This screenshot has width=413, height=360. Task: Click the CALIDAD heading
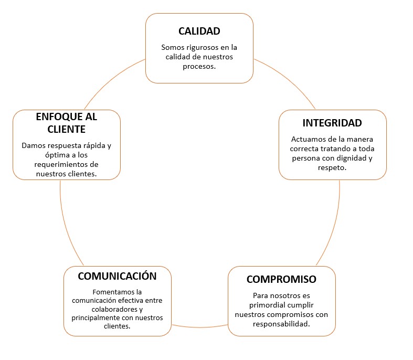point(199,31)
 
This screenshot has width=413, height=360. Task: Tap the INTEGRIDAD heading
point(332,123)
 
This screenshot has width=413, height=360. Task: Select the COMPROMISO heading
point(281,279)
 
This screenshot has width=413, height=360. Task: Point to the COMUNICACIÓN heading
point(117,276)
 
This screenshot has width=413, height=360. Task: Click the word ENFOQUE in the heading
point(56,117)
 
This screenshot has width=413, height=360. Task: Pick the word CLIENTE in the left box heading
point(66,129)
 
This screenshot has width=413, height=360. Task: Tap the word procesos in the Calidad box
point(199,67)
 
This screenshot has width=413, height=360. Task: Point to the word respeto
point(332,168)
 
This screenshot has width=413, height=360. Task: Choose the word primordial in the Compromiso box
point(266,305)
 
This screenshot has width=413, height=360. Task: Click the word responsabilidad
point(281,324)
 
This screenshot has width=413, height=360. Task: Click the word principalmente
point(96,318)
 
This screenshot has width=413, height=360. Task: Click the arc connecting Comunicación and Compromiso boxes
point(199,327)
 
